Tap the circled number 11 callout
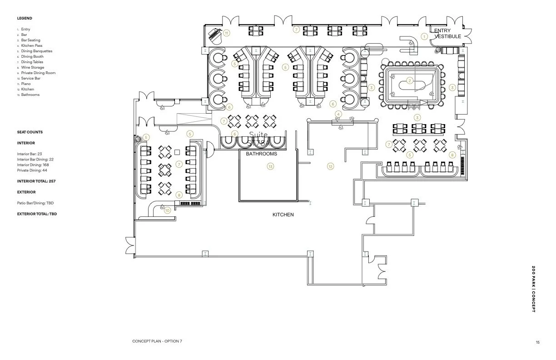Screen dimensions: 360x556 point(226,32)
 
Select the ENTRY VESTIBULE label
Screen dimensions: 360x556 point(447,33)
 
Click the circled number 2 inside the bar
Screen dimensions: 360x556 point(410,81)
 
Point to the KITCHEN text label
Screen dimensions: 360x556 point(283,215)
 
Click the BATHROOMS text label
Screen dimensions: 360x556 point(261,154)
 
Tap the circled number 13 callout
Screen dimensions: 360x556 point(270,167)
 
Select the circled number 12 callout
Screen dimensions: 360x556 point(330,167)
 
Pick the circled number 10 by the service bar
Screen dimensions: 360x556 point(167,210)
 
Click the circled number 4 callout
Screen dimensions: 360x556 point(338,114)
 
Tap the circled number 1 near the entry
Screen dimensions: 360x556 point(424,36)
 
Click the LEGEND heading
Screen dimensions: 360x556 point(25,18)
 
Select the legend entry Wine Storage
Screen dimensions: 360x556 point(32,67)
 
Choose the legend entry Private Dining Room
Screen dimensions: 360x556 point(38,73)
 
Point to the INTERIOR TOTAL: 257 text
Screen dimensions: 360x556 point(36,181)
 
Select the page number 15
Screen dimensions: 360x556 point(537,342)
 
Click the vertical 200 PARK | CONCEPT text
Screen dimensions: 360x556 point(533,289)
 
